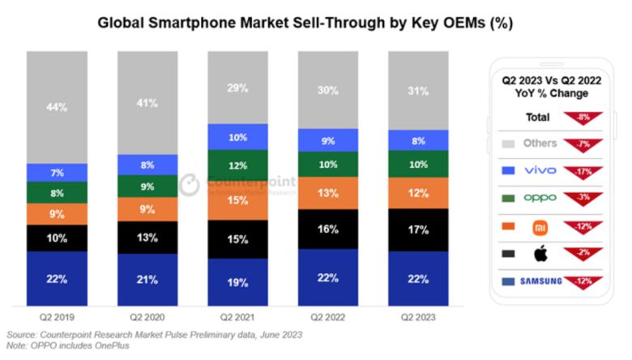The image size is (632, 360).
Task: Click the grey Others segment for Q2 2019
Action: click(x=57, y=107)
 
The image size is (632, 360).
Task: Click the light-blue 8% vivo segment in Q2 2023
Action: click(x=418, y=139)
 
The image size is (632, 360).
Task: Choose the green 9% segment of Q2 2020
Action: click(x=147, y=186)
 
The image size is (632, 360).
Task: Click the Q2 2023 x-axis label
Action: click(x=418, y=318)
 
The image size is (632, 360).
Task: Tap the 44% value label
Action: click(x=57, y=107)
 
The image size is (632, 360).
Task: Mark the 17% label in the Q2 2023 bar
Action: click(x=418, y=230)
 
